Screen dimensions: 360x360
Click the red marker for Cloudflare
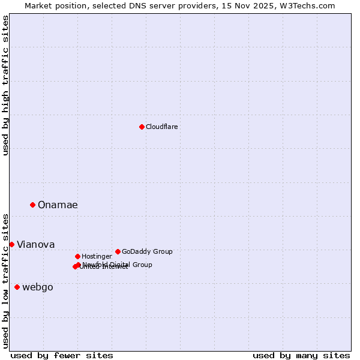pos(142,127)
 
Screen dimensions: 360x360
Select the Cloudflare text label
pos(161,127)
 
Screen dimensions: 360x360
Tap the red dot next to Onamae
pos(32,205)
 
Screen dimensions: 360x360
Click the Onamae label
pos(58,205)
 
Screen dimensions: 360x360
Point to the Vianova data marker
pos(11,244)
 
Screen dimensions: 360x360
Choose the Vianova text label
pos(35,244)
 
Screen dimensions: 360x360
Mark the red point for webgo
pos(17,287)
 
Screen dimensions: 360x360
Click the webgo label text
pos(37,287)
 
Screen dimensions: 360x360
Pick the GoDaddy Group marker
pos(118,251)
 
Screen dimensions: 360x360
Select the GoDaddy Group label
pos(146,251)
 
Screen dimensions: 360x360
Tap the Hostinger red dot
pos(77,256)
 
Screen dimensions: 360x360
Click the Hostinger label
pos(97,256)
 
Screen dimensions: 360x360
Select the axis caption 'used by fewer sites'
pos(62,355)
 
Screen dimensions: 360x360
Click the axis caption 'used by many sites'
pos(301,355)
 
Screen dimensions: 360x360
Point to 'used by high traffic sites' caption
pos(6,85)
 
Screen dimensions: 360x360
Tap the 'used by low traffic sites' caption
pos(6,281)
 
